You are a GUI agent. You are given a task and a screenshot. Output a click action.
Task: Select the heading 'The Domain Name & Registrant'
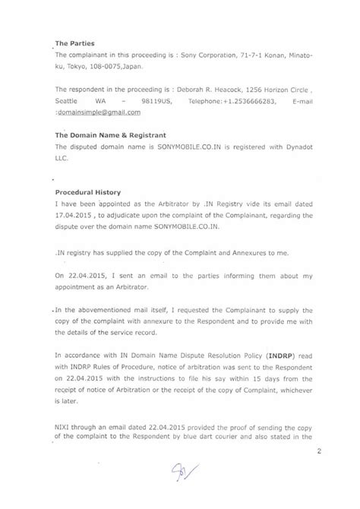coord(102,135)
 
